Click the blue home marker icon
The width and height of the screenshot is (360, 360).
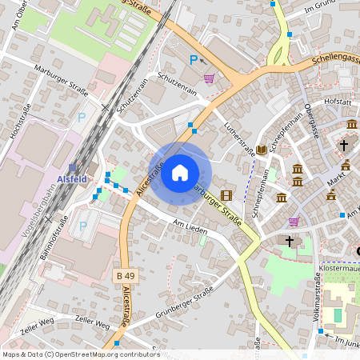pyautogui.click(x=180, y=173)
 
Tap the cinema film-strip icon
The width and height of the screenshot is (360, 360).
pyautogui.click(x=227, y=194)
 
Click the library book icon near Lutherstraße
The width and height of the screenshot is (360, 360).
pyautogui.click(x=261, y=150)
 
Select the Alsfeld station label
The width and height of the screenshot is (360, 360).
pyautogui.click(x=72, y=179)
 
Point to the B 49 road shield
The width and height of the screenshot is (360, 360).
pyautogui.click(x=123, y=276)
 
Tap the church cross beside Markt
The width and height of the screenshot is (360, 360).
pyautogui.click(x=344, y=145)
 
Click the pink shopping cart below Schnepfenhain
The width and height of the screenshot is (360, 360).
pyautogui.click(x=294, y=222)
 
